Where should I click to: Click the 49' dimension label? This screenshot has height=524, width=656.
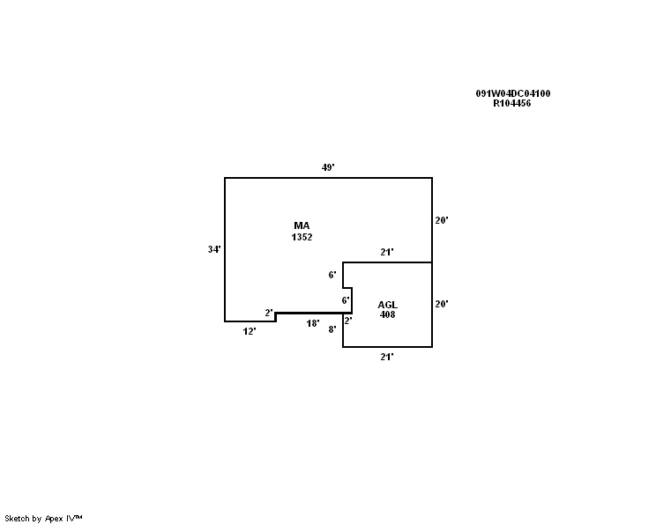(328, 167)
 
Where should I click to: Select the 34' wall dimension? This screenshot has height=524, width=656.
(214, 249)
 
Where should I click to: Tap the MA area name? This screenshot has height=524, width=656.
(302, 225)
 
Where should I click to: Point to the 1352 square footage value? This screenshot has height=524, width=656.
(302, 237)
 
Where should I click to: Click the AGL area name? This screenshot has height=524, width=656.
(387, 305)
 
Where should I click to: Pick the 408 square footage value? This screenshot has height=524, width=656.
(387, 314)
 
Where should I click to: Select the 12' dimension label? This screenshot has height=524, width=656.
(250, 331)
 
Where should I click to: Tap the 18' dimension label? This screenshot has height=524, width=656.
(312, 323)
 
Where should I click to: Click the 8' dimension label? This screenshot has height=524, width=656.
(332, 329)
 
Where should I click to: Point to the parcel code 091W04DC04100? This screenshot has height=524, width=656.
(513, 93)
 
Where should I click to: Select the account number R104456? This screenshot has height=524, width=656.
(512, 103)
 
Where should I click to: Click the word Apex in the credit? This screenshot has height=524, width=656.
(54, 519)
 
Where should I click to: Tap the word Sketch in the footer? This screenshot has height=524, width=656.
(17, 519)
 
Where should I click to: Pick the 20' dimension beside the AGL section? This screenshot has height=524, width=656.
(442, 304)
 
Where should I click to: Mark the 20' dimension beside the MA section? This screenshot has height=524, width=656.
(442, 220)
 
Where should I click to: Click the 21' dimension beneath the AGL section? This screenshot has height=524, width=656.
(386, 357)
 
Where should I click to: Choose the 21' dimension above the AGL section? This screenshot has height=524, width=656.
(386, 252)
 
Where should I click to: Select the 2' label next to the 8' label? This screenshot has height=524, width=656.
(348, 321)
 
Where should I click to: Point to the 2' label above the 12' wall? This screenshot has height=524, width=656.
(269, 313)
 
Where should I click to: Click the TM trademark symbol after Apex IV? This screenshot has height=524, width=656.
(78, 517)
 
